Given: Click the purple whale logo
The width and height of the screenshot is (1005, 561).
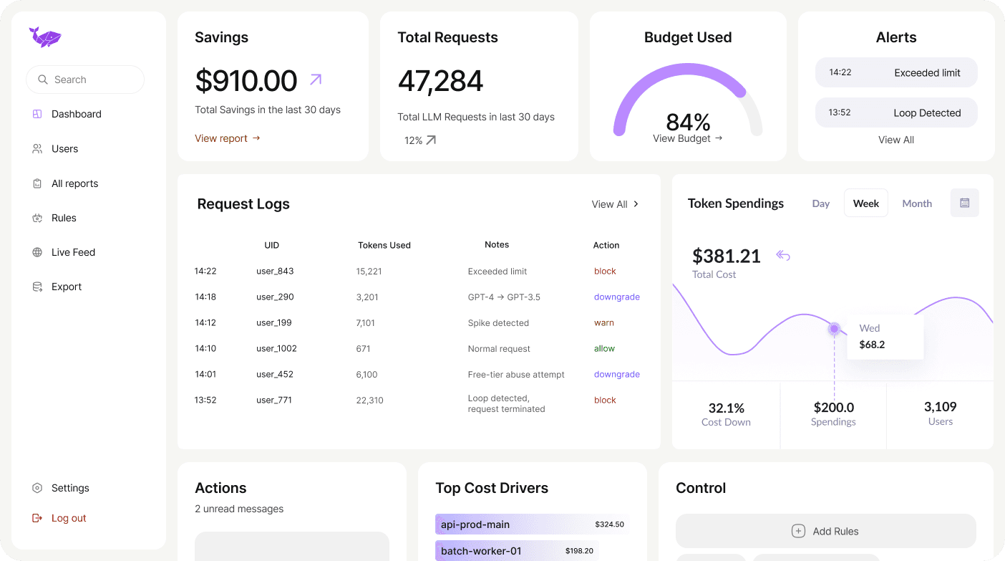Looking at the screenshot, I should (45, 37).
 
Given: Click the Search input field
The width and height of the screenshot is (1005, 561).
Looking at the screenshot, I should (85, 80).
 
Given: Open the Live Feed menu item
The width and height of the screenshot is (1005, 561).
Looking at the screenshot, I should (73, 252).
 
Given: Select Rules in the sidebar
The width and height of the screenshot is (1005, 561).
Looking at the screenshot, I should (64, 218).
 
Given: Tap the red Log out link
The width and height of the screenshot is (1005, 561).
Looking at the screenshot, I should (69, 518).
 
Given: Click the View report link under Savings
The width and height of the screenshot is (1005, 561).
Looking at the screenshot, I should (228, 138).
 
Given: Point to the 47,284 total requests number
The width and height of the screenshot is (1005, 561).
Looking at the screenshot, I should (440, 82).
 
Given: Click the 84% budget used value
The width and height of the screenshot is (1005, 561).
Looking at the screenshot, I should (687, 122).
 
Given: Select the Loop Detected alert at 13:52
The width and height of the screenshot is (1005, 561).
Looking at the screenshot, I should (896, 112).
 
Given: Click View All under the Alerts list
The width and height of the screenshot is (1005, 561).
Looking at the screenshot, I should (896, 140).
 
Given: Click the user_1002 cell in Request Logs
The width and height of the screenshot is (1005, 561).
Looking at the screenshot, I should (276, 349).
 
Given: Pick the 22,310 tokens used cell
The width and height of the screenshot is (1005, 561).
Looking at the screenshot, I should (369, 401).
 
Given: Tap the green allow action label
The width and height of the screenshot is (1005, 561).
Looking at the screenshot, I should (604, 349).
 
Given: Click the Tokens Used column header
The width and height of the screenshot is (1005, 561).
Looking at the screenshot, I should (384, 245).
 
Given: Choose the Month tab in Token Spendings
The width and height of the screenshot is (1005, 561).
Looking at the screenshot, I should (917, 203).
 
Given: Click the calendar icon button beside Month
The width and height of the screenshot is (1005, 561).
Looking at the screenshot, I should (964, 203).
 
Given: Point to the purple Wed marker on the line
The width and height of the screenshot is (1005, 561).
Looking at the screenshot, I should (834, 329).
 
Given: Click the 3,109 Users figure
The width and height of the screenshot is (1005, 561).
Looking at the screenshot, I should (940, 407).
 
